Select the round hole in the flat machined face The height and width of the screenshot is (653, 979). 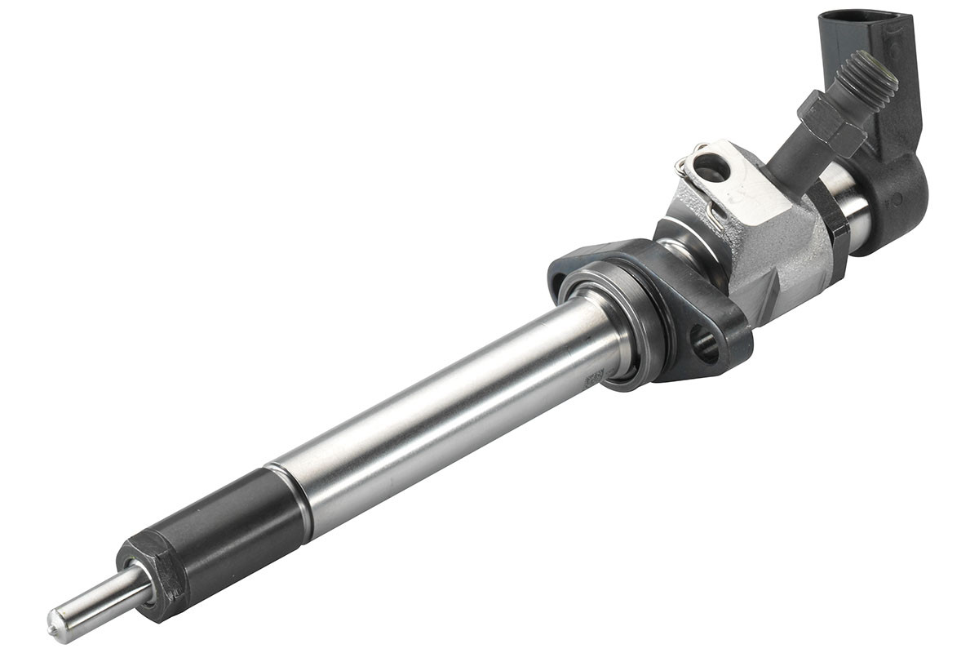pos(711,168)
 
